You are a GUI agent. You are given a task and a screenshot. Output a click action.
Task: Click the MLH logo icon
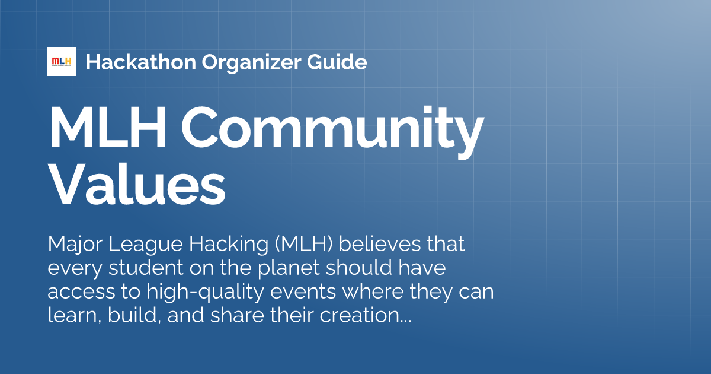62,62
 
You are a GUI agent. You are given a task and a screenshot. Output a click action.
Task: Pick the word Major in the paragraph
72,244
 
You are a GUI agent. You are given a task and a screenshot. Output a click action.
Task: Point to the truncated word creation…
366,316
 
